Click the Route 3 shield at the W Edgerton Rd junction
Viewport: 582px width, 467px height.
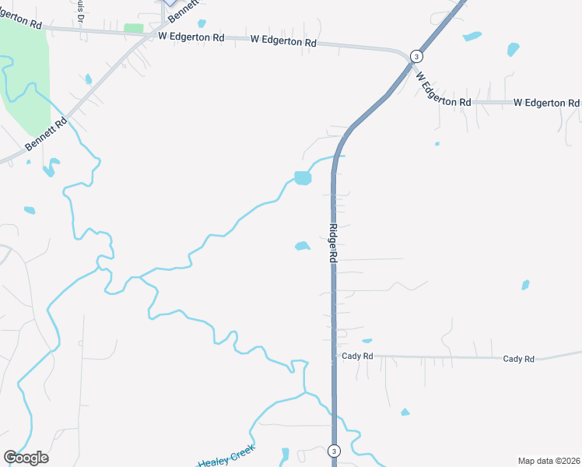click(417, 56)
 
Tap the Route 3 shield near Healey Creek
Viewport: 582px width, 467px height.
click(334, 451)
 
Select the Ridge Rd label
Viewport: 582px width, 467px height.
click(332, 243)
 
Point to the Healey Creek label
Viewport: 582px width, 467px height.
click(226, 459)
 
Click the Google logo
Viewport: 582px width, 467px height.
click(26, 458)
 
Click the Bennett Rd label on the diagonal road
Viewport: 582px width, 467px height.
click(42, 135)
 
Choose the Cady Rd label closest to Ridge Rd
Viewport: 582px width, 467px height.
click(358, 356)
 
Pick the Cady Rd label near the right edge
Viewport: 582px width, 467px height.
click(518, 359)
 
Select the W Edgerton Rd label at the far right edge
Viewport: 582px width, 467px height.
click(546, 103)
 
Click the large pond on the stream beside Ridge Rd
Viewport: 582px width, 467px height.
click(302, 178)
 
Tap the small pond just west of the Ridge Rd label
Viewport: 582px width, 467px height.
click(302, 247)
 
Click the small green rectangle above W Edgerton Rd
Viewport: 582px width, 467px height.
click(134, 28)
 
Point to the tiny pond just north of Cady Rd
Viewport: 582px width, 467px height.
click(366, 341)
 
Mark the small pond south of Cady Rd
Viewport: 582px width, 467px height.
click(405, 412)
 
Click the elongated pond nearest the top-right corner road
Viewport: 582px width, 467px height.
click(472, 36)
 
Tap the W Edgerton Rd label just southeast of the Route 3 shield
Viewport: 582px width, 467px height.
click(443, 90)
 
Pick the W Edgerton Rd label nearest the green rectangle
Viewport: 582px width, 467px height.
click(191, 37)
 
